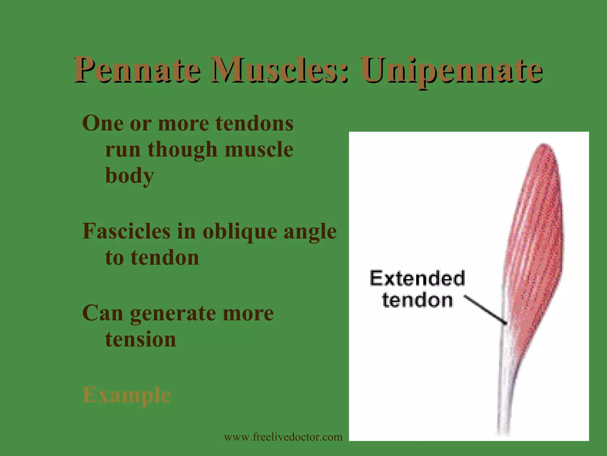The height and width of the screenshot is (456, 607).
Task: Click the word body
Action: point(130,176)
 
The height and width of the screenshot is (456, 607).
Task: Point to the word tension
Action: point(140,339)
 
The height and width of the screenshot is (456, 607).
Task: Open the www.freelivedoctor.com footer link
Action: point(283,437)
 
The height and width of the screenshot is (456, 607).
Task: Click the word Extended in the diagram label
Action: point(417,278)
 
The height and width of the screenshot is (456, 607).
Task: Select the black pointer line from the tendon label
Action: point(485,309)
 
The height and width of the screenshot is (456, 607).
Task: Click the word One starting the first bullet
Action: point(103,123)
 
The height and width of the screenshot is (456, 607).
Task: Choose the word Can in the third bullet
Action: point(103,313)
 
